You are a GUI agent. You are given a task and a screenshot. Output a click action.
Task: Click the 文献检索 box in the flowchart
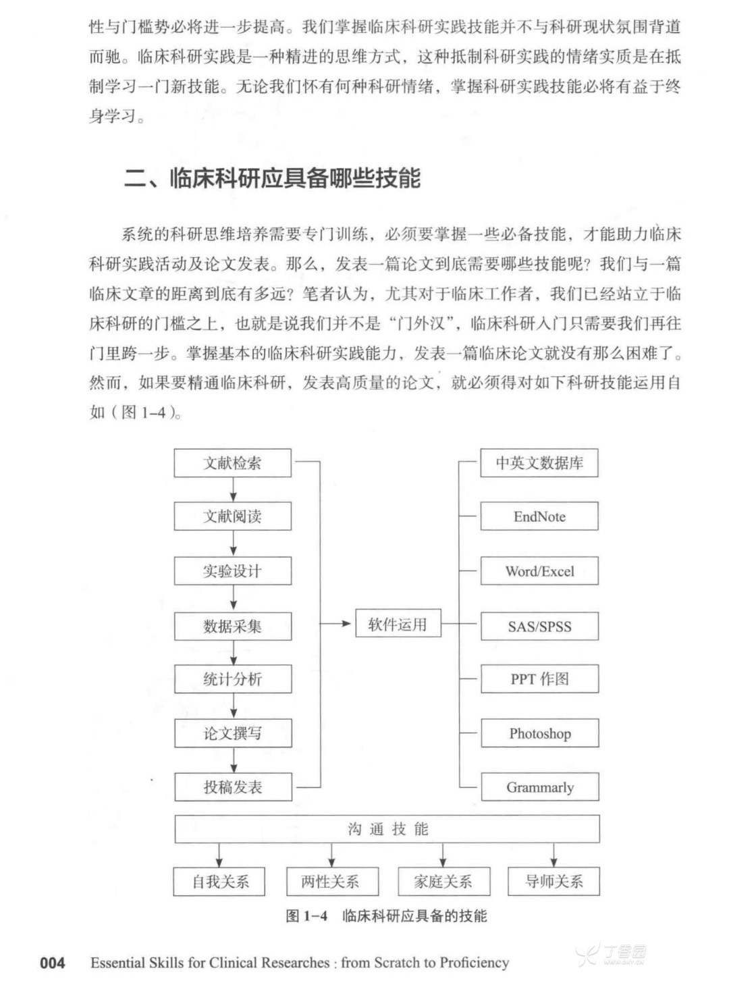[233, 463]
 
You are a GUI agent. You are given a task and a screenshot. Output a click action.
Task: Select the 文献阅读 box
[233, 516]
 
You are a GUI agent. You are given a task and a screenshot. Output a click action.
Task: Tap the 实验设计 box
[233, 571]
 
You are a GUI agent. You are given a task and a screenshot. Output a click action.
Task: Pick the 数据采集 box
[233, 626]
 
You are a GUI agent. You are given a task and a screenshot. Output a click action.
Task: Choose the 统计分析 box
[233, 679]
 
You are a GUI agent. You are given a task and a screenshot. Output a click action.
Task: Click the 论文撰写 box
[233, 733]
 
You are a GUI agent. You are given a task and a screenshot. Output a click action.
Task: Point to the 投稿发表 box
[233, 787]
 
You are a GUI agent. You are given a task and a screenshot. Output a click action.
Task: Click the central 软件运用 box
[398, 624]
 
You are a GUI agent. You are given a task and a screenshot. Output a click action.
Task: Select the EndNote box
[539, 516]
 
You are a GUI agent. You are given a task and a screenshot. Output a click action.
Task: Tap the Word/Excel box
[539, 571]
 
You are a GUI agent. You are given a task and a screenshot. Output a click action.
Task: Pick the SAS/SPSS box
[539, 626]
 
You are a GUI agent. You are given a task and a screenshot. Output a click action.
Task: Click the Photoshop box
[539, 733]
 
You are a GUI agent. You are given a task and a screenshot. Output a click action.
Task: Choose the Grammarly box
[539, 787]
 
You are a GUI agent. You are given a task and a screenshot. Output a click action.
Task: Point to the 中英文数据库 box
[539, 463]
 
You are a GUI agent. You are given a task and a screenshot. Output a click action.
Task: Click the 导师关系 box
[554, 881]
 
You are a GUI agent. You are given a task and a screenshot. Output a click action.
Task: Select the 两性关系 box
[331, 881]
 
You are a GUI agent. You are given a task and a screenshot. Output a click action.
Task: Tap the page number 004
[53, 963]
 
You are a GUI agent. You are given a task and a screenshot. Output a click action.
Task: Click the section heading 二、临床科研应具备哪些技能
[273, 178]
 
